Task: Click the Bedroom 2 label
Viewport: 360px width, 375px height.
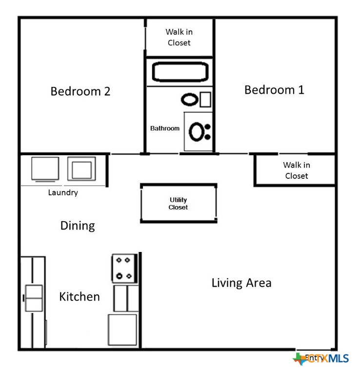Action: [x=80, y=91]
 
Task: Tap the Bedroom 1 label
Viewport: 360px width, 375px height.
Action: [x=274, y=90]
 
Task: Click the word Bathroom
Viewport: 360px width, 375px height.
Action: [x=164, y=128]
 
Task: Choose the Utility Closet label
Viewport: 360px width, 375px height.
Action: [x=178, y=204]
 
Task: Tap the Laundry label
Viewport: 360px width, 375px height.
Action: [x=62, y=192]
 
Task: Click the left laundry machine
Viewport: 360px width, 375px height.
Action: [x=45, y=169]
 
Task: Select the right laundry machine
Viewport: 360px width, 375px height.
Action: [x=81, y=169]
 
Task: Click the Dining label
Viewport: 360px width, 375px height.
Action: [x=77, y=226]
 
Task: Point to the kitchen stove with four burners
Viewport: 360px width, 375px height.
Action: [x=124, y=268]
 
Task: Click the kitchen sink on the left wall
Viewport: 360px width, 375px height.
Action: [x=34, y=298]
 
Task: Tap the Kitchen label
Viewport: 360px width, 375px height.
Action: [x=80, y=296]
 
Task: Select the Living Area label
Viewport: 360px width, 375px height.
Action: [x=241, y=283]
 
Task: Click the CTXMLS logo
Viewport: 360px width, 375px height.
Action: [x=321, y=359]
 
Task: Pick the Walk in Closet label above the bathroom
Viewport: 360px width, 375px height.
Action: [x=179, y=37]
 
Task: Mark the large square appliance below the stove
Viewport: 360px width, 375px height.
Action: [x=122, y=330]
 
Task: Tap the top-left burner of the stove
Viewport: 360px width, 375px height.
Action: [x=119, y=260]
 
